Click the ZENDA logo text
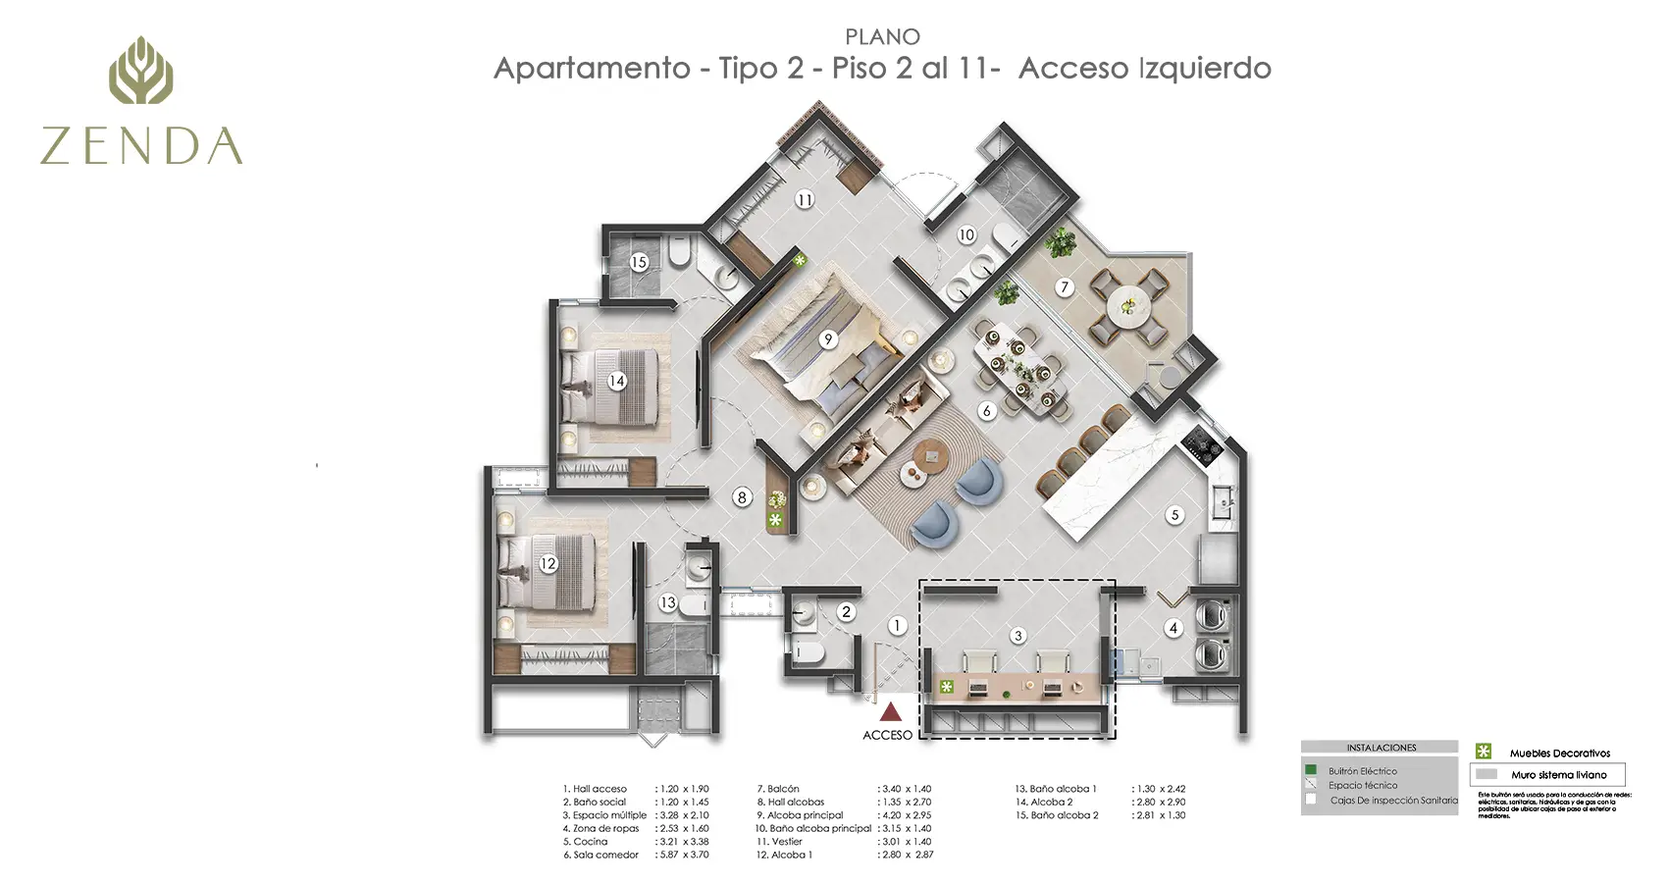[x=141, y=145]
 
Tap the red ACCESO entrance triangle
[x=890, y=711]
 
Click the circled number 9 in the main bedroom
[x=828, y=339]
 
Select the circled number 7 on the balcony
[x=1065, y=287]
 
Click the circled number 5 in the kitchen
[x=1174, y=515]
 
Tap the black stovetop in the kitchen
[x=1202, y=447]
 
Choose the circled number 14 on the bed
[x=616, y=381]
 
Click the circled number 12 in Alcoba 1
[x=548, y=564]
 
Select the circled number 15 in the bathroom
[x=639, y=262]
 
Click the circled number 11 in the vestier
[x=805, y=200]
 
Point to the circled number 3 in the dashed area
[x=1018, y=636]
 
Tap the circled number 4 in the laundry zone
[x=1173, y=628]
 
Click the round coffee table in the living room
[x=928, y=454]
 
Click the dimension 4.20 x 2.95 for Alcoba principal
[x=905, y=815]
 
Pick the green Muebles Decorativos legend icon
[x=1484, y=752]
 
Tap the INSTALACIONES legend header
[x=1381, y=748]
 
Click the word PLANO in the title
[x=882, y=37]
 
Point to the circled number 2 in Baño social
[x=847, y=612]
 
